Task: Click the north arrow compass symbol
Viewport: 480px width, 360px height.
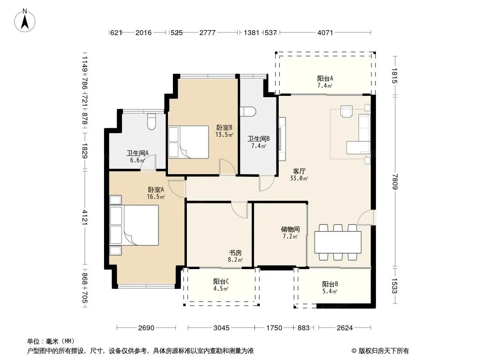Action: point(25,21)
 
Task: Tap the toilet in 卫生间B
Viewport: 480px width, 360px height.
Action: point(248,111)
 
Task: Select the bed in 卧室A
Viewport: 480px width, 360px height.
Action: point(134,225)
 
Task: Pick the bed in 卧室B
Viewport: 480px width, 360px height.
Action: point(188,142)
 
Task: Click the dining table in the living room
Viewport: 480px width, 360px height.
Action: point(338,242)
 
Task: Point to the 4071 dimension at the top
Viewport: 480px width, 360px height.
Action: point(325,32)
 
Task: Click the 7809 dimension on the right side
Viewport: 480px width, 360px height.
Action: point(395,182)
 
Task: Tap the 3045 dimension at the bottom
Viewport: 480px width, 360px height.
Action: point(221,328)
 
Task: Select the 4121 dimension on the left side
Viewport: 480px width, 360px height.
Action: point(85,217)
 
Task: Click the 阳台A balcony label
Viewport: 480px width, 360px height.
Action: point(325,79)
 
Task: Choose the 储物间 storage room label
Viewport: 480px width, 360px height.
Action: point(290,229)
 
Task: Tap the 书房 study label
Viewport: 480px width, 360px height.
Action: point(235,252)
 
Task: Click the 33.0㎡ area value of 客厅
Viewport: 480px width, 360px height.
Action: point(299,178)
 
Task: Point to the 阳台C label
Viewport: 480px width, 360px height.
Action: point(221,281)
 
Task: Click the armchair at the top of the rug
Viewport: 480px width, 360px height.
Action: point(347,111)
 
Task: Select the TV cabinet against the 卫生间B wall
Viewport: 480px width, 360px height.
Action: point(282,139)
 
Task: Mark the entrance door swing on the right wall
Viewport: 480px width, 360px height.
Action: point(367,217)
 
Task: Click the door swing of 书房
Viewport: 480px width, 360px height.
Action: point(239,210)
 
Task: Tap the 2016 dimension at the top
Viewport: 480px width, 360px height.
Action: point(144,32)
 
